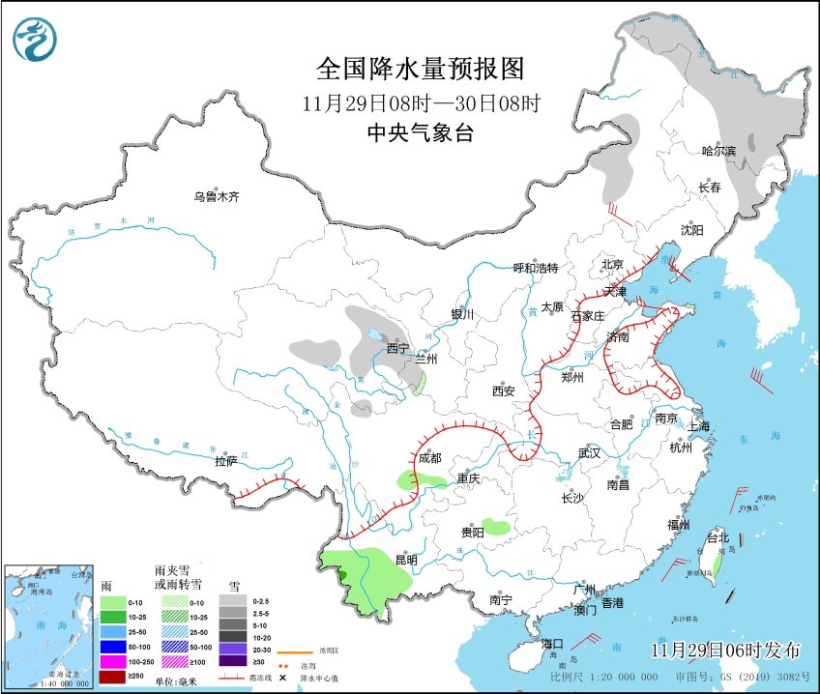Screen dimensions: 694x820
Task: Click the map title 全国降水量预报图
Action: (420, 70)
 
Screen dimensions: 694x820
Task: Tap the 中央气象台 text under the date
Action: (420, 134)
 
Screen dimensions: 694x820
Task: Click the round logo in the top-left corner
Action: (35, 40)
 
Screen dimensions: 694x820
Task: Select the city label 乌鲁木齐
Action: (216, 197)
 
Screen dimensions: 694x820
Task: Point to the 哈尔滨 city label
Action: (718, 151)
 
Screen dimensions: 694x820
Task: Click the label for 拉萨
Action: (226, 462)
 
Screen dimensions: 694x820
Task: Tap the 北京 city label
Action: (611, 264)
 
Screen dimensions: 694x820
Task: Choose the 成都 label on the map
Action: (429, 458)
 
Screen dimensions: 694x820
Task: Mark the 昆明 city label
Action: (406, 560)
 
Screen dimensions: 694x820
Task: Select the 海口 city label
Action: (552, 644)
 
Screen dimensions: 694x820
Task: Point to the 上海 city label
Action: (700, 426)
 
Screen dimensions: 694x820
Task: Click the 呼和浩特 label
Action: (535, 268)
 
